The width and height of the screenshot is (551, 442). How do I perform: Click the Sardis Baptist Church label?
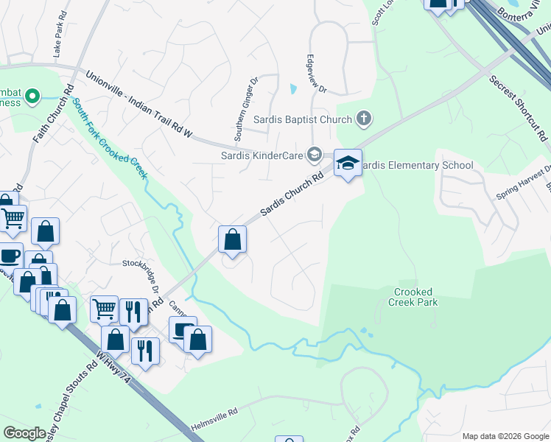[x=303, y=119]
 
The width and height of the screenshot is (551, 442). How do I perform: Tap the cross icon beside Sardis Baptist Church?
[x=363, y=118]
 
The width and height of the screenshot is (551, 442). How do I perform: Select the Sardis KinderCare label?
[x=263, y=155]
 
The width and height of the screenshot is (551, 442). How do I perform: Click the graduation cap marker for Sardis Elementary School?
[x=348, y=164]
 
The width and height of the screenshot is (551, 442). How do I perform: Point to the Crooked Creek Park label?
[x=413, y=297]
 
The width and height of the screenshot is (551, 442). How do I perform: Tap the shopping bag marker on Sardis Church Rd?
[x=232, y=240]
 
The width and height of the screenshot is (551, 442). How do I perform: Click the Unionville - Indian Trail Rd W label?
[x=139, y=104]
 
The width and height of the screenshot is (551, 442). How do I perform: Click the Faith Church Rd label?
[x=51, y=119]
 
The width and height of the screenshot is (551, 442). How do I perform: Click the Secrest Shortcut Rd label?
[x=519, y=108]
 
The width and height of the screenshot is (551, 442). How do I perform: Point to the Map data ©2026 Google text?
[x=505, y=436]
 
